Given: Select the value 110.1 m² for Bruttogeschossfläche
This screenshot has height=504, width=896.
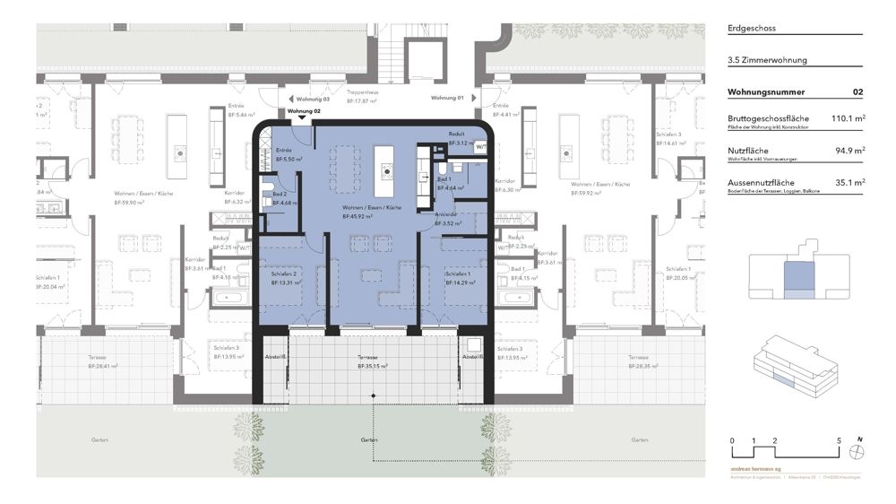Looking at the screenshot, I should point(847,118).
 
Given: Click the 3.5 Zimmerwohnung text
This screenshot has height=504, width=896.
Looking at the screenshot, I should point(768,60).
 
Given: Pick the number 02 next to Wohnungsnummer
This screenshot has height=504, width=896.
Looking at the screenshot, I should point(857,91).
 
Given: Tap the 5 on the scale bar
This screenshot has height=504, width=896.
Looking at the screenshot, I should point(839,441).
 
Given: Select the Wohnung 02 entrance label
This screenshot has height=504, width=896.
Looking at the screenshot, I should point(302,110).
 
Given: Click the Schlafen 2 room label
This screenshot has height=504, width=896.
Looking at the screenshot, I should point(283,274).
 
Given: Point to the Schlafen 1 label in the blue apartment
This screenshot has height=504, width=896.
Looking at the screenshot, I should point(458,274).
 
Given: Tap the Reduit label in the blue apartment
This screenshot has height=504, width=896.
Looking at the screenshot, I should point(456,135).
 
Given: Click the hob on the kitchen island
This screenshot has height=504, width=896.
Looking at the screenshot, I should point(387,169).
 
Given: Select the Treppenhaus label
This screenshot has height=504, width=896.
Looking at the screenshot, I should point(360,92).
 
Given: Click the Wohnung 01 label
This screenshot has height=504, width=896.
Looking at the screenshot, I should point(447,97).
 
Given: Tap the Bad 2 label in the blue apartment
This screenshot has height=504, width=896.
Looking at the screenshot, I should point(280,195).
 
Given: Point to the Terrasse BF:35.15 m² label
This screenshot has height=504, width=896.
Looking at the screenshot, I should point(372,361).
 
